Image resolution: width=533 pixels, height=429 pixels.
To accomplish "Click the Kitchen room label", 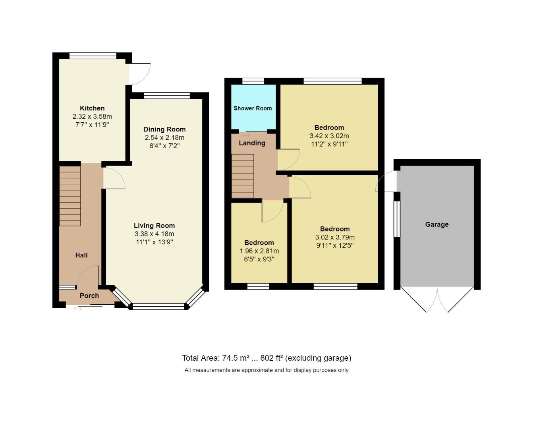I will [x=92, y=108].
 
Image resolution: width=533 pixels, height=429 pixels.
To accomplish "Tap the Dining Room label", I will [x=164, y=129].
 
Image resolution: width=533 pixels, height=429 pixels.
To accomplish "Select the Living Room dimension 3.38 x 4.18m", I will [x=154, y=234].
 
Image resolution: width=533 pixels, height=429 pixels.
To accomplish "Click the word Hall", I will [x=81, y=255].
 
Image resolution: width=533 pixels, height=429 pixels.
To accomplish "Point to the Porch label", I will [x=89, y=296].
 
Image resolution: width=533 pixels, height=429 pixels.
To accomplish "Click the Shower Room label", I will [x=253, y=108].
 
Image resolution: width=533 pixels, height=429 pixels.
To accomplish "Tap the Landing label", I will [x=252, y=143].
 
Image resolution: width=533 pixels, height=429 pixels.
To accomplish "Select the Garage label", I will [x=437, y=224].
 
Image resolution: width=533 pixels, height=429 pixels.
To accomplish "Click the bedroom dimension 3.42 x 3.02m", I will [x=329, y=136].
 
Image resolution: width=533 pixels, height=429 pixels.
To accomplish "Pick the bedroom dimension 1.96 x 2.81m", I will [x=259, y=251].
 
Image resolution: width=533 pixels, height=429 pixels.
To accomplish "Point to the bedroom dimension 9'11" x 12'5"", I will [x=335, y=245].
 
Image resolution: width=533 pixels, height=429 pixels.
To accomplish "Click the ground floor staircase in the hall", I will [x=70, y=196].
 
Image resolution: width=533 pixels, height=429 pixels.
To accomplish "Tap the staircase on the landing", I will [x=243, y=176].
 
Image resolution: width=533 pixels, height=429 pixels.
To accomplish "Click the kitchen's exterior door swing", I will [x=139, y=74].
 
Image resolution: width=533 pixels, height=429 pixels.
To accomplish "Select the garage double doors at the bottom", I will [x=437, y=299].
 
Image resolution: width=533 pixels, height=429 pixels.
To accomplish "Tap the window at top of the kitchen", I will [x=93, y=56].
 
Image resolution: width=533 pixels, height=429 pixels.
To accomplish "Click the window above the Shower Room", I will [x=253, y=81].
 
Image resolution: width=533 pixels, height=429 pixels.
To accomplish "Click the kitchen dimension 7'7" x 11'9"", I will [x=92, y=125].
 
